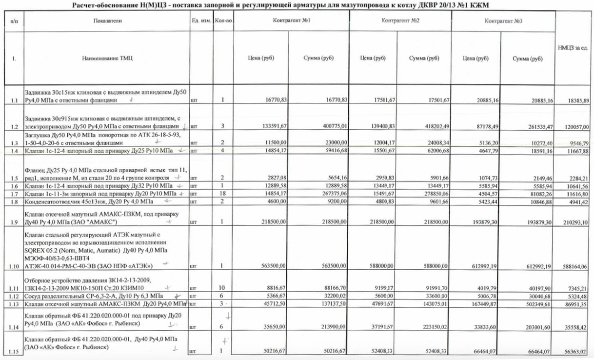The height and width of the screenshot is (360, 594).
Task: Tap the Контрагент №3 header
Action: pos(503,22)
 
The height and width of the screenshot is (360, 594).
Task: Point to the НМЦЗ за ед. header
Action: pos(575,48)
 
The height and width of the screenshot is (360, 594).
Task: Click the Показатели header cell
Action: pos(108,21)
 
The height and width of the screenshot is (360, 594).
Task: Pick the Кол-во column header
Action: pos(223,21)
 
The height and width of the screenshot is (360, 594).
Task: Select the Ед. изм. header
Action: pos(201,21)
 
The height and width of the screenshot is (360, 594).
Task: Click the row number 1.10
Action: pos(14,266)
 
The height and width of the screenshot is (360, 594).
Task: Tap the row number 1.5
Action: pos(14,179)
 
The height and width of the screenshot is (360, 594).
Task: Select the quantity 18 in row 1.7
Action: pos(222,194)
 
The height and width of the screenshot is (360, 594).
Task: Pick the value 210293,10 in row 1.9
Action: pos(577,222)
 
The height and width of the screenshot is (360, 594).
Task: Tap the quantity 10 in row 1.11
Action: pos(222,287)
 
